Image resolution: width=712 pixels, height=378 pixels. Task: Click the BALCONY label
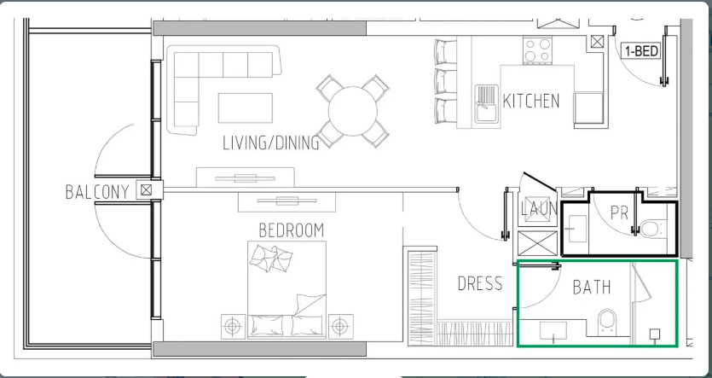coord(97,192)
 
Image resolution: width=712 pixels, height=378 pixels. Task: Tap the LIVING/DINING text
coord(271,142)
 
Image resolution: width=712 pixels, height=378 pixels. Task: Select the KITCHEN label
coord(531,101)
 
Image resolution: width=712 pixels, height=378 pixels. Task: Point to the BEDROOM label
coord(292,230)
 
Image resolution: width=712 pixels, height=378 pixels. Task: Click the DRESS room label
coord(480,283)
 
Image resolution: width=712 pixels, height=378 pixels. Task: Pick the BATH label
coord(592,288)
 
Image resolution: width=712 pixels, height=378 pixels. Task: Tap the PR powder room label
coord(619,212)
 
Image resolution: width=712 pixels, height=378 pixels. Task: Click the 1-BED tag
coord(641,51)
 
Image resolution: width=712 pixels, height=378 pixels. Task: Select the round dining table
coord(353,111)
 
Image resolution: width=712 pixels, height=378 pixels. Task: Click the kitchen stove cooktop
coord(538,50)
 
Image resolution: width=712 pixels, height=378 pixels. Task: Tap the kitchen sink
coord(487,103)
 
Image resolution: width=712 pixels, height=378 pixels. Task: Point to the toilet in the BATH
coord(607,323)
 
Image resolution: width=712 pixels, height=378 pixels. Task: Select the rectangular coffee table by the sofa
coord(246,108)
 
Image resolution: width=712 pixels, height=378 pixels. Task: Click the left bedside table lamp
coord(233,326)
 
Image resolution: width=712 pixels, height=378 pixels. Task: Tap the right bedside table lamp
coord(340,326)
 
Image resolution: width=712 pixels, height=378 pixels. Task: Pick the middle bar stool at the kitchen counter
coord(445,81)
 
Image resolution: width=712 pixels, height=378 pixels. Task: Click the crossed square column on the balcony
coord(146,190)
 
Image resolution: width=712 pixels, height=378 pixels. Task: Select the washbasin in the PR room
coord(576,229)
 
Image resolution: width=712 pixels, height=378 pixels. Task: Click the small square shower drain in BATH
coord(654,334)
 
